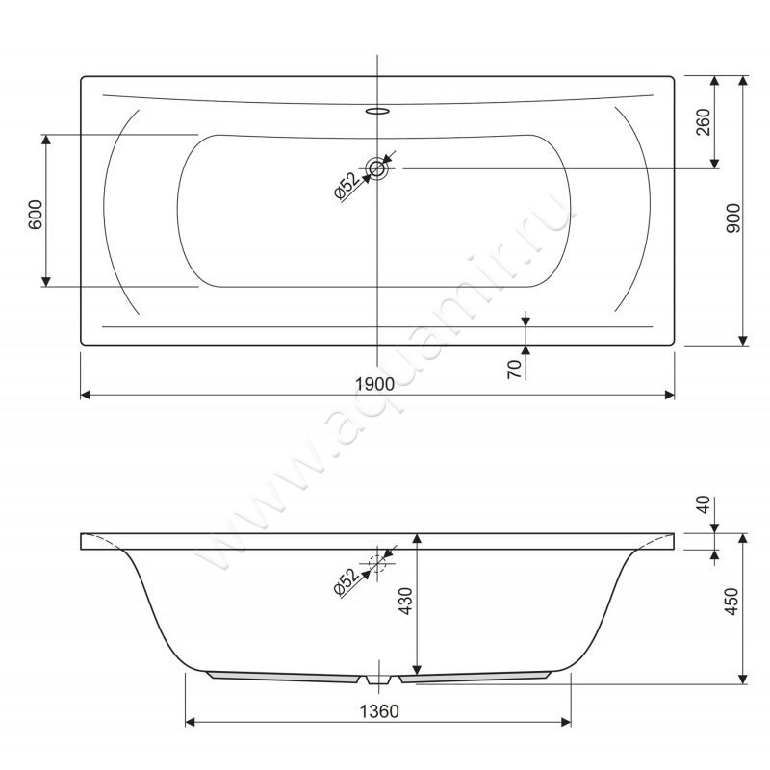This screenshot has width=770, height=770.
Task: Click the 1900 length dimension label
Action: coord(374,384)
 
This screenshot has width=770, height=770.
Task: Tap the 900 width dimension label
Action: coord(732,218)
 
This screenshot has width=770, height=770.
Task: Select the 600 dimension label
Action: coord(36,215)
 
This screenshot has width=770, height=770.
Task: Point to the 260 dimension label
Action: coord(704,122)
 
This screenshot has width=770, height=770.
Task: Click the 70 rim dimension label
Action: coord(514,369)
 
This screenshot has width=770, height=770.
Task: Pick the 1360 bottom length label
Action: coord(379,711)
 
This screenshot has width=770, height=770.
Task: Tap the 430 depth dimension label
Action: coord(405,601)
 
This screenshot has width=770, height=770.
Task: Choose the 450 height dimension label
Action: coord(731,602)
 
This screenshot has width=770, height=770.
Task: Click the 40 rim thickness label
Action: coord(704,504)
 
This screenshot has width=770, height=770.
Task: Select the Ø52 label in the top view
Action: coord(346,186)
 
